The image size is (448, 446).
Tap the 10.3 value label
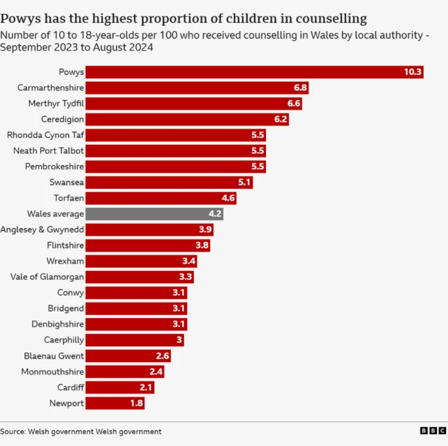(x=412, y=72)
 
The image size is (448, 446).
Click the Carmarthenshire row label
(x=51, y=88)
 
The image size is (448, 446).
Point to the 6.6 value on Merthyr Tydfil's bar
(x=294, y=104)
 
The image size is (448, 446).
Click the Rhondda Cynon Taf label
(x=45, y=135)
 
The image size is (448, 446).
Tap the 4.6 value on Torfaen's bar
(x=227, y=198)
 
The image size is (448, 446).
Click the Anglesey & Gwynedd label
(x=43, y=230)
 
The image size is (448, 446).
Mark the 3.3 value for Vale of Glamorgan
(x=185, y=277)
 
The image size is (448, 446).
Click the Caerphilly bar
(x=136, y=340)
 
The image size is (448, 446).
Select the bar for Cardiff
(x=120, y=387)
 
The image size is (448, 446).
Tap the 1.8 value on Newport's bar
(x=136, y=403)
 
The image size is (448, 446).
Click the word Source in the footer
(x=13, y=431)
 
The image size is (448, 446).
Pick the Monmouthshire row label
(x=52, y=372)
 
